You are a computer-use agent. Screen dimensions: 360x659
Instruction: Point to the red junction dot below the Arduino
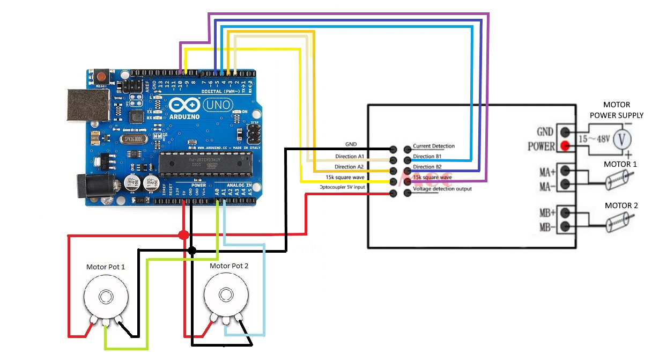tap(183, 235)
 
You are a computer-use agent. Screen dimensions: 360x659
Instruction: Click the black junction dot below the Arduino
tap(192, 250)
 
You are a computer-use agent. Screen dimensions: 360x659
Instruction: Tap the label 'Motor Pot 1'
tap(106, 267)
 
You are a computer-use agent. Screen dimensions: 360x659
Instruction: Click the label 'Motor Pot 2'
tap(229, 266)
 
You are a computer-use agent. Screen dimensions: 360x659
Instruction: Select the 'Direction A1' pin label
tap(349, 156)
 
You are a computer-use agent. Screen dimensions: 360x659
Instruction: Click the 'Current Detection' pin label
tap(434, 146)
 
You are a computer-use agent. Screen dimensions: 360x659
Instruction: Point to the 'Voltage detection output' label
tap(442, 189)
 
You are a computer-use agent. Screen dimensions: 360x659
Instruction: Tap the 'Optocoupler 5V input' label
tap(342, 187)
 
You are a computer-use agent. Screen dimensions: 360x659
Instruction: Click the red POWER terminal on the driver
tap(564, 145)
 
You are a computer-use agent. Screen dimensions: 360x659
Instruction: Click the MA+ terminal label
tap(546, 172)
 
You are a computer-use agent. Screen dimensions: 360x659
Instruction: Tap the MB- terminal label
tap(546, 227)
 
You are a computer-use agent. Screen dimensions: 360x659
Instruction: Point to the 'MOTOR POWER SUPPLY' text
tap(616, 110)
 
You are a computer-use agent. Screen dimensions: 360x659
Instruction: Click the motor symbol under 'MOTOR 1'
tap(618, 179)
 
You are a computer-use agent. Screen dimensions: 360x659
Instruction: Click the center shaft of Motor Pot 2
tap(224, 296)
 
